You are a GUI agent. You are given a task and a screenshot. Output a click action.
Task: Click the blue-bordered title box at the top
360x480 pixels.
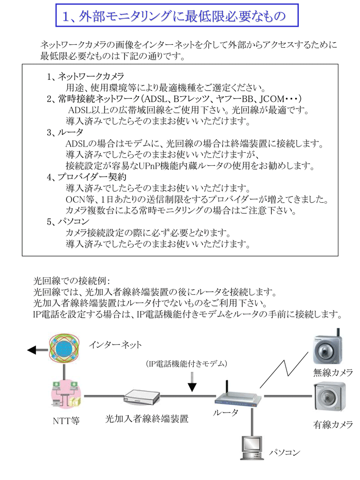177,15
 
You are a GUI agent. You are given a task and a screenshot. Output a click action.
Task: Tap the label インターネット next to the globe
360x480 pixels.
115,345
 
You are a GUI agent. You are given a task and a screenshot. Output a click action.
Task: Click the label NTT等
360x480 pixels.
66,421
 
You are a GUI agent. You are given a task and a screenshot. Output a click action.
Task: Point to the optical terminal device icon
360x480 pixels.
142,397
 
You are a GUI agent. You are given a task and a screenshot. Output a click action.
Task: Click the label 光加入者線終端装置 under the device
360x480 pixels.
147,419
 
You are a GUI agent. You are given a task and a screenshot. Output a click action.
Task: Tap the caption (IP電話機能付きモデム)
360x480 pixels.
186,364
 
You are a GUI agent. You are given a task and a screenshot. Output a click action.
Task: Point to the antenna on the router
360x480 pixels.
227,387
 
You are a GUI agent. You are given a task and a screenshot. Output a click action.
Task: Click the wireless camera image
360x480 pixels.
327,347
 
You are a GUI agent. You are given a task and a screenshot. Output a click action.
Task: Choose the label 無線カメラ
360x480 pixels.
333,372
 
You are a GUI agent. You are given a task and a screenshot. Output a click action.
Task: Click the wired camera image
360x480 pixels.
329,397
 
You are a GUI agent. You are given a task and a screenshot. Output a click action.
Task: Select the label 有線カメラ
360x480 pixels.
333,424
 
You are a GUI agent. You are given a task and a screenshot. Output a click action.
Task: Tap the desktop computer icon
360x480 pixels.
251,448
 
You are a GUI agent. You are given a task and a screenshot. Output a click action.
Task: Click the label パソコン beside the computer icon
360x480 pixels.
285,452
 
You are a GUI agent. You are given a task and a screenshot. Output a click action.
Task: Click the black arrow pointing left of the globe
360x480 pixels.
38,350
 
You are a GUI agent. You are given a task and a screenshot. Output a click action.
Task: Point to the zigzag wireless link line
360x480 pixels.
284,370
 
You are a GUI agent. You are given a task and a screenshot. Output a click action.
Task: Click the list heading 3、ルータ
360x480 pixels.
65,132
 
